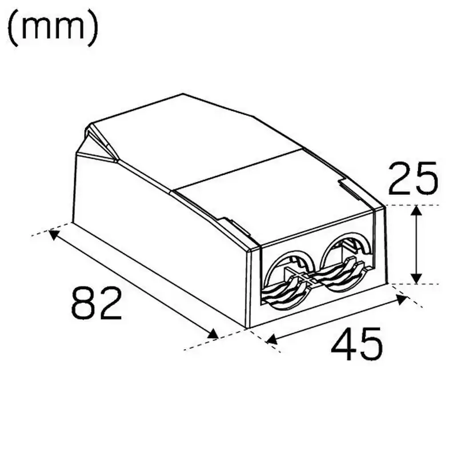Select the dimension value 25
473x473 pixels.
(x=412, y=178)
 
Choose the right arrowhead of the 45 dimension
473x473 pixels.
(x=401, y=298)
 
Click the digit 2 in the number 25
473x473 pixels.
(x=399, y=178)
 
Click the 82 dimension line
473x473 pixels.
(x=134, y=284)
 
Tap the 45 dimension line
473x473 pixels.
(x=336, y=319)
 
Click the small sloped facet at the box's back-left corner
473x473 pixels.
(x=98, y=145)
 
